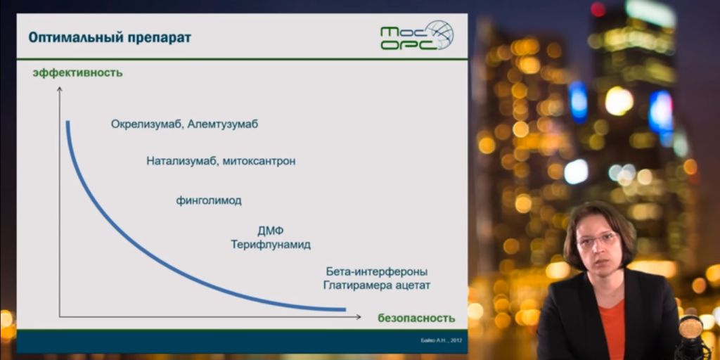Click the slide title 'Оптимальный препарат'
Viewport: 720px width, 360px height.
[x=110, y=38]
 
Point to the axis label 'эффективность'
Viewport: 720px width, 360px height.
[x=77, y=72]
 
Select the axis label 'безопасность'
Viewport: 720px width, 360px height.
[x=416, y=318]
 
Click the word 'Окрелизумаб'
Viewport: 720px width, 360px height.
[x=146, y=124]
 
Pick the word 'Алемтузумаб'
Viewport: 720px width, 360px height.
[x=223, y=124]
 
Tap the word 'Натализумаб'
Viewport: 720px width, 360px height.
[x=182, y=162]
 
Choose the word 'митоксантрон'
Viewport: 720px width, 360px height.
[x=259, y=162]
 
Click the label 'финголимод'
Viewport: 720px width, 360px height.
[x=209, y=200]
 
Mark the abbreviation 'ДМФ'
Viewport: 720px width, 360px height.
[x=271, y=231]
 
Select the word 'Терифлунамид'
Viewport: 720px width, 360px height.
[x=271, y=244]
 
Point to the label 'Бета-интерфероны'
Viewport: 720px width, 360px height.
[x=377, y=271]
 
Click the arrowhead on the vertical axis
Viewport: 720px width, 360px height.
[x=59, y=89]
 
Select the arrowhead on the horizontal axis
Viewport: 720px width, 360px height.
[x=359, y=317]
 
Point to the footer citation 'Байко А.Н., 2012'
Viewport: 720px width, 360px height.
[x=442, y=340]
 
